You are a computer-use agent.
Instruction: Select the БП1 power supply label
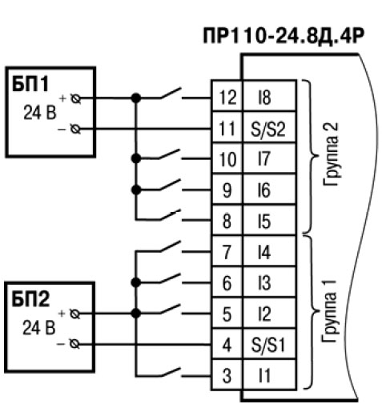pyautogui.click(x=30, y=84)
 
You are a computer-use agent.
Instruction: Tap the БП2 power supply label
pyautogui.click(x=30, y=298)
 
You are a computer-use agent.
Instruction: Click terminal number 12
pyautogui.click(x=227, y=97)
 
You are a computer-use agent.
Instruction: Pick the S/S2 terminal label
pyautogui.click(x=268, y=129)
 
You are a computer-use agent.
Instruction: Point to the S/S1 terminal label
pyautogui.click(x=268, y=344)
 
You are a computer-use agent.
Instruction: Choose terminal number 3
pyautogui.click(x=227, y=375)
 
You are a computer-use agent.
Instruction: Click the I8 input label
pyautogui.click(x=264, y=97)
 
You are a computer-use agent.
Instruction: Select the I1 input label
pyautogui.click(x=264, y=375)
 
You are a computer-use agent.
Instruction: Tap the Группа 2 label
pyautogui.click(x=331, y=154)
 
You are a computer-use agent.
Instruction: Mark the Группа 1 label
pyautogui.click(x=329, y=311)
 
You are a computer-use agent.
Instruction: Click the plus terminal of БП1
pyautogui.click(x=75, y=98)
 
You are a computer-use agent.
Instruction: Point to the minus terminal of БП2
pyautogui.click(x=74, y=344)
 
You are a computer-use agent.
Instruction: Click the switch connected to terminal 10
pyautogui.click(x=171, y=155)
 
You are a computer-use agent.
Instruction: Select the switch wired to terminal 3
pyautogui.click(x=171, y=372)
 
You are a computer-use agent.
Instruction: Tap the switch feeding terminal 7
pyautogui.click(x=171, y=246)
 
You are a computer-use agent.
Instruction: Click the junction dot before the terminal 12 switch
pyautogui.click(x=136, y=98)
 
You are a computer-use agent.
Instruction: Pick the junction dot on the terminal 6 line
pyautogui.click(x=136, y=282)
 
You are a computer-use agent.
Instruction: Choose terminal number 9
pyautogui.click(x=227, y=190)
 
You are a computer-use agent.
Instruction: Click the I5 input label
pyautogui.click(x=264, y=222)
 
